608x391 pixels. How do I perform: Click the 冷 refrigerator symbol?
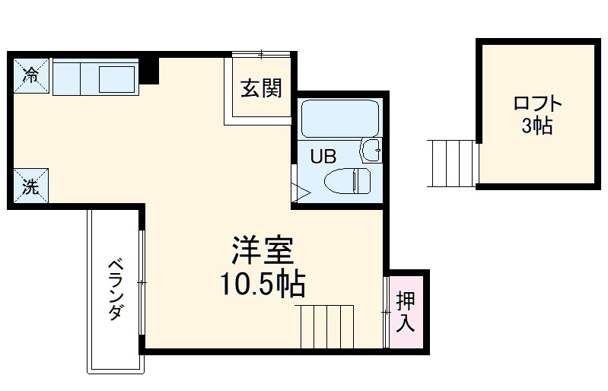31,75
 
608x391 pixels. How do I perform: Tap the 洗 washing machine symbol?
30,186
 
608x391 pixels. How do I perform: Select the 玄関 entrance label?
261,90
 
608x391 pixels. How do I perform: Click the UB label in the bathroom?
323,157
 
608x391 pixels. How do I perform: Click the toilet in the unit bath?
347,182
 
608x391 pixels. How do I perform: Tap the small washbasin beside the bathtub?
371,150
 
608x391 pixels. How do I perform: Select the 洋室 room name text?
263,250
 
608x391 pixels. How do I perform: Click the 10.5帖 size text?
263,285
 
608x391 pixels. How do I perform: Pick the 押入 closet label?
406,310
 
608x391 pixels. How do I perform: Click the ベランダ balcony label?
115,289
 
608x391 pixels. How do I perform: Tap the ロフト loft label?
537,104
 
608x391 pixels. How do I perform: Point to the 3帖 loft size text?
537,126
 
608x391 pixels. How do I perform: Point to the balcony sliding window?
142,281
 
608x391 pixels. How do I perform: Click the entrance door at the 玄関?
260,54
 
